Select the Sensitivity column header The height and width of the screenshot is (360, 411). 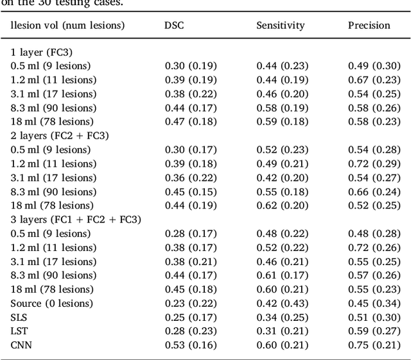(x=281, y=26)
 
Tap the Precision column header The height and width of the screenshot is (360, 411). (x=369, y=26)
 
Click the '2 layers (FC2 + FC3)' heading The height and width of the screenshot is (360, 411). (x=59, y=135)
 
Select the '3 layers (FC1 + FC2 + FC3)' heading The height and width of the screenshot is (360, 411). (x=76, y=219)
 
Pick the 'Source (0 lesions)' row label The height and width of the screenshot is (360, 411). (x=51, y=304)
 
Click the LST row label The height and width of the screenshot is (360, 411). (x=19, y=331)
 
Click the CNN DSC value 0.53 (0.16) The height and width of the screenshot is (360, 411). (x=191, y=345)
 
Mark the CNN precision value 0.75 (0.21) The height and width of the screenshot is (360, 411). (x=374, y=345)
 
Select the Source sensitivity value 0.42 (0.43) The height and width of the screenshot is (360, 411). (x=282, y=304)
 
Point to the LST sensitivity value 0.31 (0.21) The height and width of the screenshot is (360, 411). (x=282, y=331)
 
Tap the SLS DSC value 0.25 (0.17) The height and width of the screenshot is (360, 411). (x=191, y=317)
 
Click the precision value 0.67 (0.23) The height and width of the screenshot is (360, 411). (x=374, y=80)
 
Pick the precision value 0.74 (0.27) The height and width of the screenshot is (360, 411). (x=374, y=178)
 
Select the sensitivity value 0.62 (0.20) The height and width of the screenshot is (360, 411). (x=282, y=205)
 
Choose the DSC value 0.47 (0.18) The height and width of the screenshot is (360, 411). (x=191, y=121)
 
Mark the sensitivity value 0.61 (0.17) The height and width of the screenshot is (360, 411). (x=282, y=275)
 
